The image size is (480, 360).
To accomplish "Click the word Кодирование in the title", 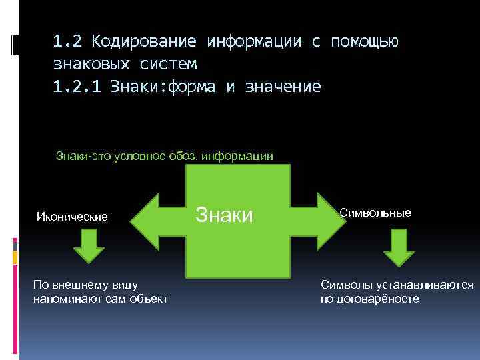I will (144, 42).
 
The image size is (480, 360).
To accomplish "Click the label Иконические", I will (72, 217).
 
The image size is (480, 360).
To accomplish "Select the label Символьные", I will (375, 213).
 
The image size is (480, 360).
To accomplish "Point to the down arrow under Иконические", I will (88, 247).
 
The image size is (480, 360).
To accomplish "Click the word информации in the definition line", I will (241, 157).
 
